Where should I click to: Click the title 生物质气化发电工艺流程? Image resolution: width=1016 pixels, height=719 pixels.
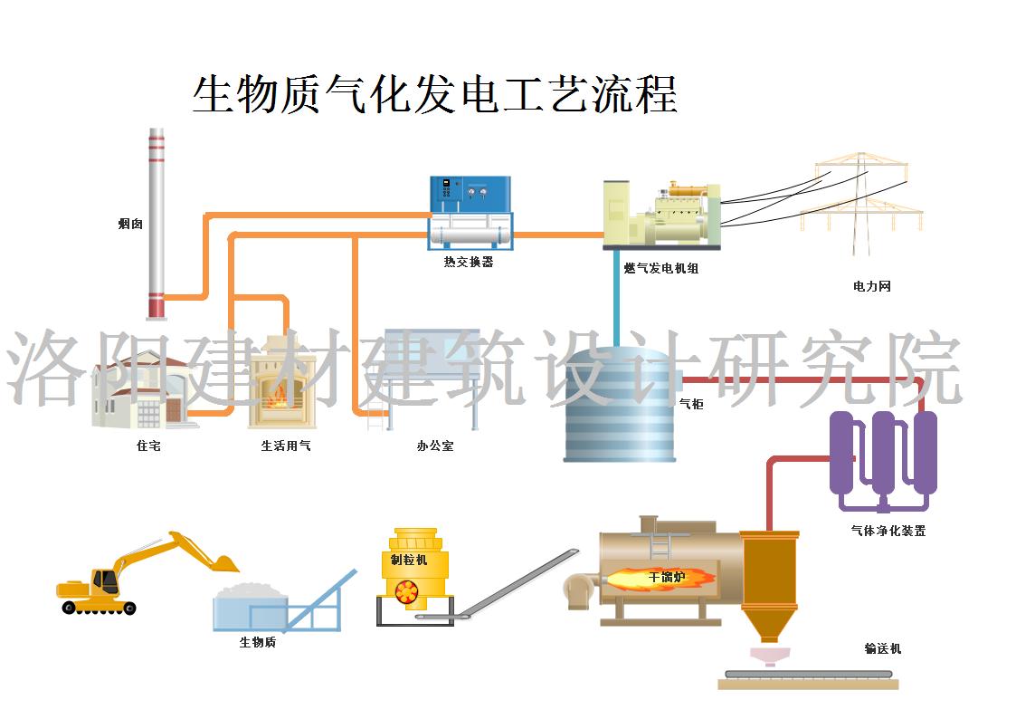(434, 94)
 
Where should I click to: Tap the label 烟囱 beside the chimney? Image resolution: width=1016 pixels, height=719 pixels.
(130, 224)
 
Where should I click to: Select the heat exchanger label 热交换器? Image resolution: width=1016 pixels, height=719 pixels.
(469, 263)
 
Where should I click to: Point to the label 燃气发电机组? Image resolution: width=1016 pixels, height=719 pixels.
(661, 268)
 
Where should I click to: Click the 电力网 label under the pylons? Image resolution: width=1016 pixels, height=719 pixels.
(872, 286)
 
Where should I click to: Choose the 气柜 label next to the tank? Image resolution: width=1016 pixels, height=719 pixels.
(690, 404)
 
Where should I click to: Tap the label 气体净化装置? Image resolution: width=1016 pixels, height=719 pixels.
(888, 531)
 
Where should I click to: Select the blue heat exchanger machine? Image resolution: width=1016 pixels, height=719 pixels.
(470, 213)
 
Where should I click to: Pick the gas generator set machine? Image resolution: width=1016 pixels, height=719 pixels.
(662, 216)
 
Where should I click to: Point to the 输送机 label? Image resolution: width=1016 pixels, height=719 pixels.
(882, 648)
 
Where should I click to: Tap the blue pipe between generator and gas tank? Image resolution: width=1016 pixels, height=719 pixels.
(617, 299)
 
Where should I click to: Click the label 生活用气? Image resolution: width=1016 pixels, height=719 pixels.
(286, 446)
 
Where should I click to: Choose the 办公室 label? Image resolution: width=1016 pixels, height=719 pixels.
(434, 446)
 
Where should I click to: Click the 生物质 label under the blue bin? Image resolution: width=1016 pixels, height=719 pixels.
(257, 642)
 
